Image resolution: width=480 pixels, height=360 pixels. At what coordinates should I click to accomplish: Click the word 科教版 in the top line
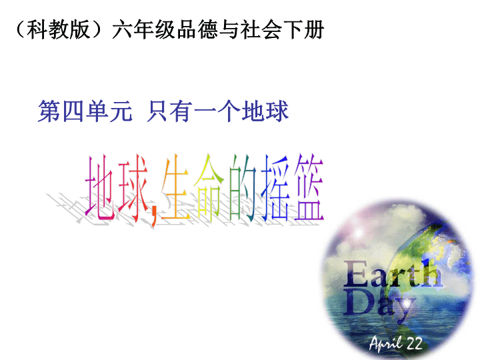pyautogui.click(x=58, y=29)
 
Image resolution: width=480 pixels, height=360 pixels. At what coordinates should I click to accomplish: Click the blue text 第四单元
pyautogui.click(x=85, y=111)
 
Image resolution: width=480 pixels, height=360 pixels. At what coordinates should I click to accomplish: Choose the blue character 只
pyautogui.click(x=157, y=111)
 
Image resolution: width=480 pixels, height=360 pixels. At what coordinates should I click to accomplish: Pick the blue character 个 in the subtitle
pyautogui.click(x=229, y=111)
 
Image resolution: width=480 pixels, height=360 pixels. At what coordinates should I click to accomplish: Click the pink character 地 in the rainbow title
pyautogui.click(x=101, y=187)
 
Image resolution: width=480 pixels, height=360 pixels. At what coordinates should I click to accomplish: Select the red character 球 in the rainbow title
pyautogui.click(x=133, y=188)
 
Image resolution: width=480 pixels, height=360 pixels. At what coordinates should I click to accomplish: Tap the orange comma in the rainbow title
pyautogui.click(x=154, y=217)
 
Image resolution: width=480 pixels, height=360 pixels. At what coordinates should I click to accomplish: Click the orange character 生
pyautogui.click(x=175, y=187)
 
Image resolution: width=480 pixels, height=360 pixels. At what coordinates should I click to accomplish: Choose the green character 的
pyautogui.click(x=241, y=187)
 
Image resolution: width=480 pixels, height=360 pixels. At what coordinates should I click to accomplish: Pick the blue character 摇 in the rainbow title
pyautogui.click(x=275, y=187)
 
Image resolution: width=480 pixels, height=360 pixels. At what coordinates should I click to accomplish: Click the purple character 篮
pyautogui.click(x=309, y=187)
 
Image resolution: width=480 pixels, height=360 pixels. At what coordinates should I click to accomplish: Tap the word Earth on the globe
pyautogui.click(x=393, y=274)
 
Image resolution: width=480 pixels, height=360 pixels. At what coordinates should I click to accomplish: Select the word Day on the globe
pyautogui.click(x=379, y=304)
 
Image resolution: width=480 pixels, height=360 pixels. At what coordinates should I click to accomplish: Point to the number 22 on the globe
pyautogui.click(x=415, y=343)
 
